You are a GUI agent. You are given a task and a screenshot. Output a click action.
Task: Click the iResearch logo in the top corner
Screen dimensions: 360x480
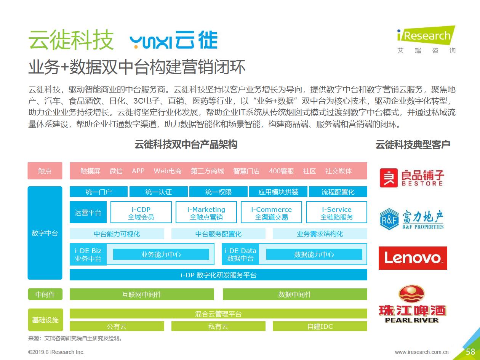click(426, 39)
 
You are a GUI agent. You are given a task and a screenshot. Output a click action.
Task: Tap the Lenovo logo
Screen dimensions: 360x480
click(413, 258)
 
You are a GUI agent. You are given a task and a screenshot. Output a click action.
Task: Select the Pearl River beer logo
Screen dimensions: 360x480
click(412, 305)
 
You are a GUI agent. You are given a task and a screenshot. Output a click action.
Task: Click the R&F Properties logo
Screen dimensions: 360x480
click(412, 219)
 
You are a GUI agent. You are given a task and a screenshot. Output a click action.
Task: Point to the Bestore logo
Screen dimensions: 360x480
click(412, 178)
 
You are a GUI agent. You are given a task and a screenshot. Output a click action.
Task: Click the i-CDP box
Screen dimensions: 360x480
click(141, 213)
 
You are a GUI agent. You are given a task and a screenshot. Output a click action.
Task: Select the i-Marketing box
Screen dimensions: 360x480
click(206, 213)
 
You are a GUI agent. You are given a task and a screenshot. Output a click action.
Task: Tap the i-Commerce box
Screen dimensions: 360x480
click(271, 213)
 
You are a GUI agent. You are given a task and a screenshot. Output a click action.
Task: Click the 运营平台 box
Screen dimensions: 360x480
click(88, 213)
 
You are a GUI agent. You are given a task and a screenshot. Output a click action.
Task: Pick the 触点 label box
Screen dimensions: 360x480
click(45, 171)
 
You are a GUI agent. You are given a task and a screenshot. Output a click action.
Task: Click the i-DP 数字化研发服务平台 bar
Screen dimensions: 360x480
click(218, 275)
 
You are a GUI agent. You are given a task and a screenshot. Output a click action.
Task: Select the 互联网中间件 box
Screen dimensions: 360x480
click(142, 294)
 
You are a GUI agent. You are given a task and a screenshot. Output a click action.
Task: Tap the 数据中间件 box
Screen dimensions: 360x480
click(295, 294)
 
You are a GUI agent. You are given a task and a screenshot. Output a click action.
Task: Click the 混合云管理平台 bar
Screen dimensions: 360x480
click(218, 314)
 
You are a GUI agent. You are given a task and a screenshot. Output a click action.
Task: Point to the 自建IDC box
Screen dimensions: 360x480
click(320, 326)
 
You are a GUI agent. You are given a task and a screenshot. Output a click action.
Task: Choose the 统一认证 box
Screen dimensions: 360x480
click(158, 192)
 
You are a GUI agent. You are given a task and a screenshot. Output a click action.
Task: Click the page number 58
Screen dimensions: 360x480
click(470, 352)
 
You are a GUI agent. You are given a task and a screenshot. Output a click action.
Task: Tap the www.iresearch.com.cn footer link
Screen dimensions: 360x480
click(421, 352)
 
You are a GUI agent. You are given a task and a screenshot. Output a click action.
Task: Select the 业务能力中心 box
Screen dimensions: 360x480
click(161, 254)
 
